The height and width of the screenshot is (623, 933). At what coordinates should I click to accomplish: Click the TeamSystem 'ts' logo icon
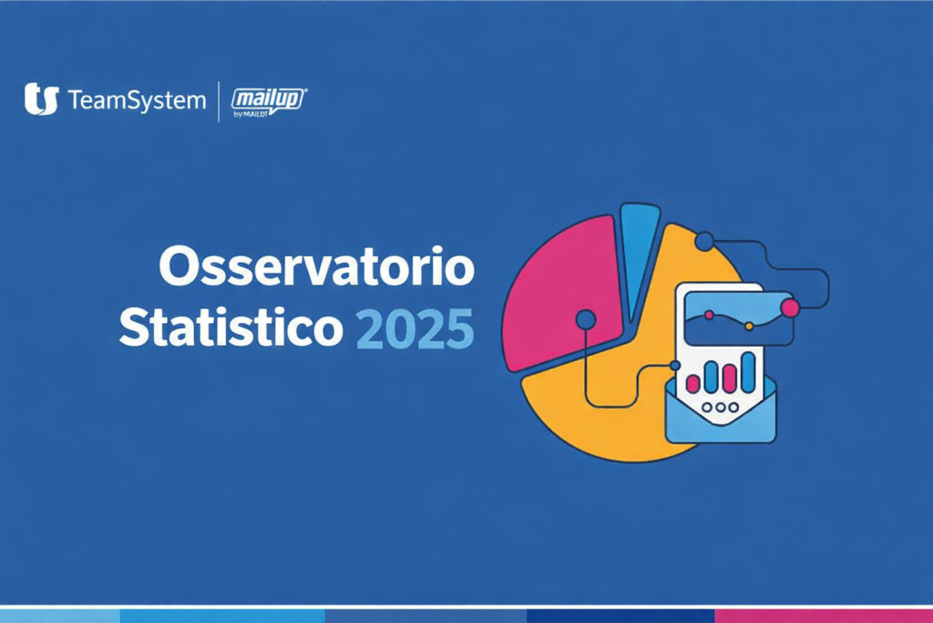coord(41,99)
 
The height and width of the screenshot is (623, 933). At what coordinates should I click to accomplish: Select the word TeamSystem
coord(137,99)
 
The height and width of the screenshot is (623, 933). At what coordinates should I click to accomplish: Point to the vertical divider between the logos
coord(219,100)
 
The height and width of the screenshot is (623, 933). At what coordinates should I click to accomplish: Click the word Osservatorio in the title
coord(317,270)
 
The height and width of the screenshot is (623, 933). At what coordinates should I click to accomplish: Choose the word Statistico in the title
coord(231,328)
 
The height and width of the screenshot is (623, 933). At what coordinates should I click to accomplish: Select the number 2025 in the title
coord(415,329)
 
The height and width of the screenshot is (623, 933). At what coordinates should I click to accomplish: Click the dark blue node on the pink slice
coord(586,319)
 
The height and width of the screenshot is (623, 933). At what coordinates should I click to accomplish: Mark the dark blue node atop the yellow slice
coord(704,242)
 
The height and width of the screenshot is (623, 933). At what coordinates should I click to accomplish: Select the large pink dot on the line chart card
coord(790,308)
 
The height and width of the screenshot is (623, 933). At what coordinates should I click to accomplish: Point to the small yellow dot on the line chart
coord(749,326)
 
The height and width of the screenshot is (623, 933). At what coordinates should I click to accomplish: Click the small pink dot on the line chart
coord(709,315)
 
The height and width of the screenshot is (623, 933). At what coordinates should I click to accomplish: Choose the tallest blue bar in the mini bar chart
coord(748,371)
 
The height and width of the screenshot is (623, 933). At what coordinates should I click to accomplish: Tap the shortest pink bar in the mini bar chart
coord(693,384)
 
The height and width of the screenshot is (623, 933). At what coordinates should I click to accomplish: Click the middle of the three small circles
coord(720,408)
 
